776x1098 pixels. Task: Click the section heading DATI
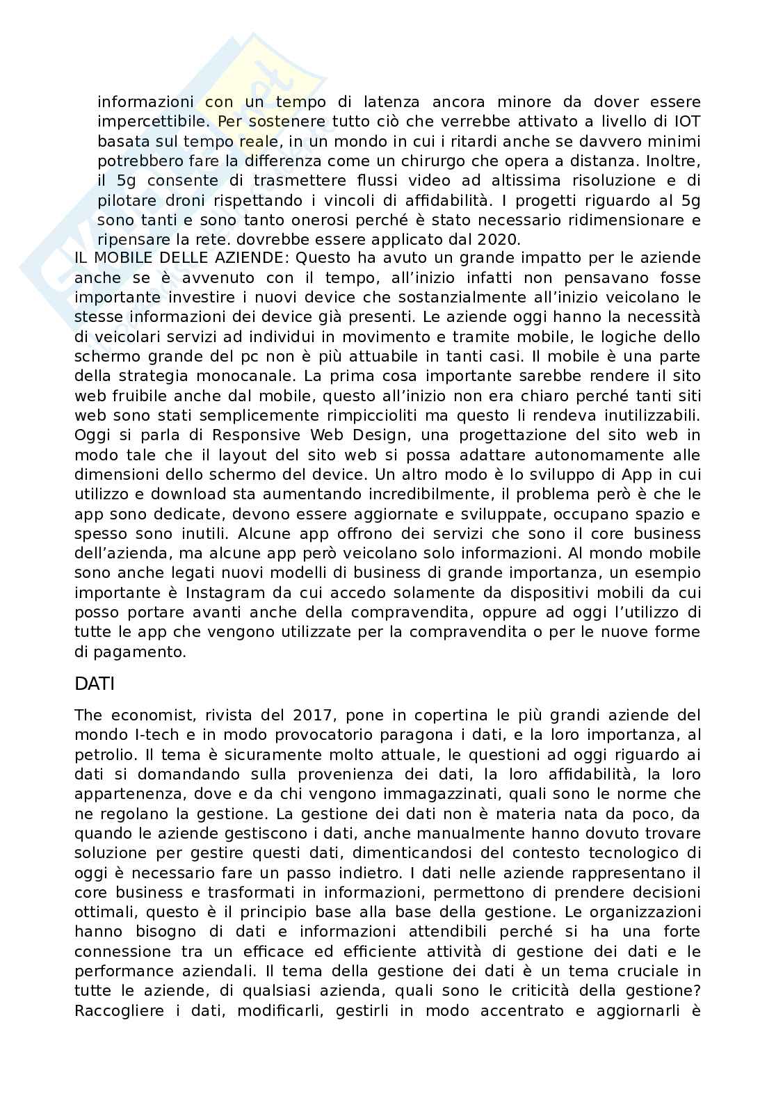(x=94, y=684)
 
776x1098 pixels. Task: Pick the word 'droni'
(x=166, y=201)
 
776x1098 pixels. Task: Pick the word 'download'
(x=188, y=494)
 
